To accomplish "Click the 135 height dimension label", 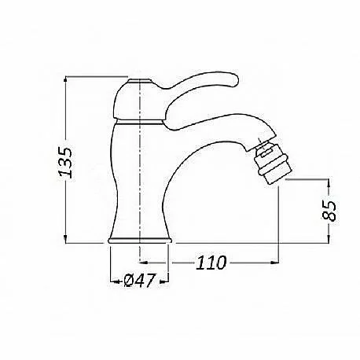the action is tap(65, 162).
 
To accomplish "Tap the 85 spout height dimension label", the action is tap(329, 211).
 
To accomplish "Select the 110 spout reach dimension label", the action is tap(211, 263).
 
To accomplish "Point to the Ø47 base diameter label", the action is tap(140, 281).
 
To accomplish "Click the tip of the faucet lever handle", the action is tap(235, 79).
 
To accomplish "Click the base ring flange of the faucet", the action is tap(140, 241).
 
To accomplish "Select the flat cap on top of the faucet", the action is tap(140, 80).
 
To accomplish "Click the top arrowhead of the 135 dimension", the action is tap(65, 79).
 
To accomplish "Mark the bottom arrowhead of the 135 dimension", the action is tap(65, 240).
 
